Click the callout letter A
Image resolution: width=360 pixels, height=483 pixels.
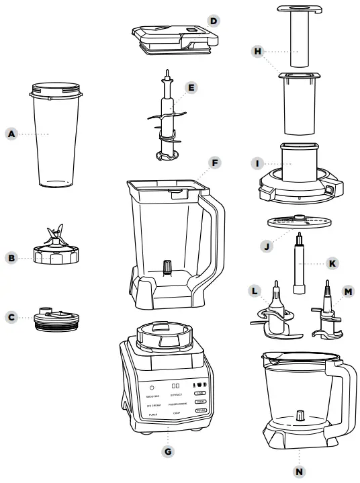11,134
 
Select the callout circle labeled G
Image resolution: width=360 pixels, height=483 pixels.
169,452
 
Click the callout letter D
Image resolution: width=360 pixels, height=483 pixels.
214,21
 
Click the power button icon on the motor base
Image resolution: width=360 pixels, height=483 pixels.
152,387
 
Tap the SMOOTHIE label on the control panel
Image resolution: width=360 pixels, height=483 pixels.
152,397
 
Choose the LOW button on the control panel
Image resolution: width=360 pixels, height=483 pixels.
199,392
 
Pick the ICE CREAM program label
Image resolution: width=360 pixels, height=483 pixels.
154,406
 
